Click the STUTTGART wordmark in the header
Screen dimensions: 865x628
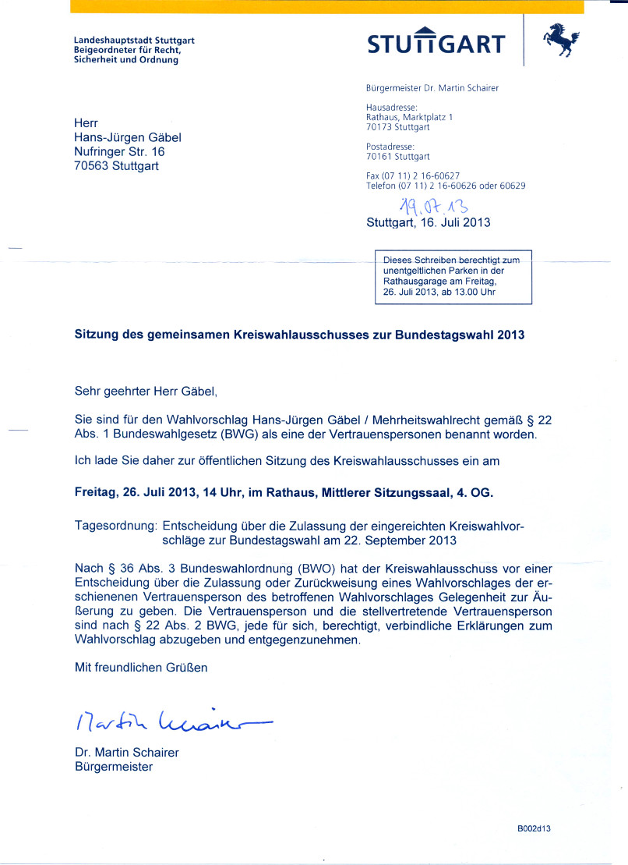point(436,43)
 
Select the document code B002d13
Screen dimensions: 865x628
point(535,829)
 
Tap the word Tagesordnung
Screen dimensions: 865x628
point(116,526)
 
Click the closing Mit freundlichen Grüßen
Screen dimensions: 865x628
point(141,667)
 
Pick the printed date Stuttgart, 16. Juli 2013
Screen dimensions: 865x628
point(429,222)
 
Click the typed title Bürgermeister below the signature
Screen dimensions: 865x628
point(113,767)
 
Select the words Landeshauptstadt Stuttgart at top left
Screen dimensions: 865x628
point(134,40)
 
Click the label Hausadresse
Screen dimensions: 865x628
point(392,108)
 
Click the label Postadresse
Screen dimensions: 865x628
point(390,147)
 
